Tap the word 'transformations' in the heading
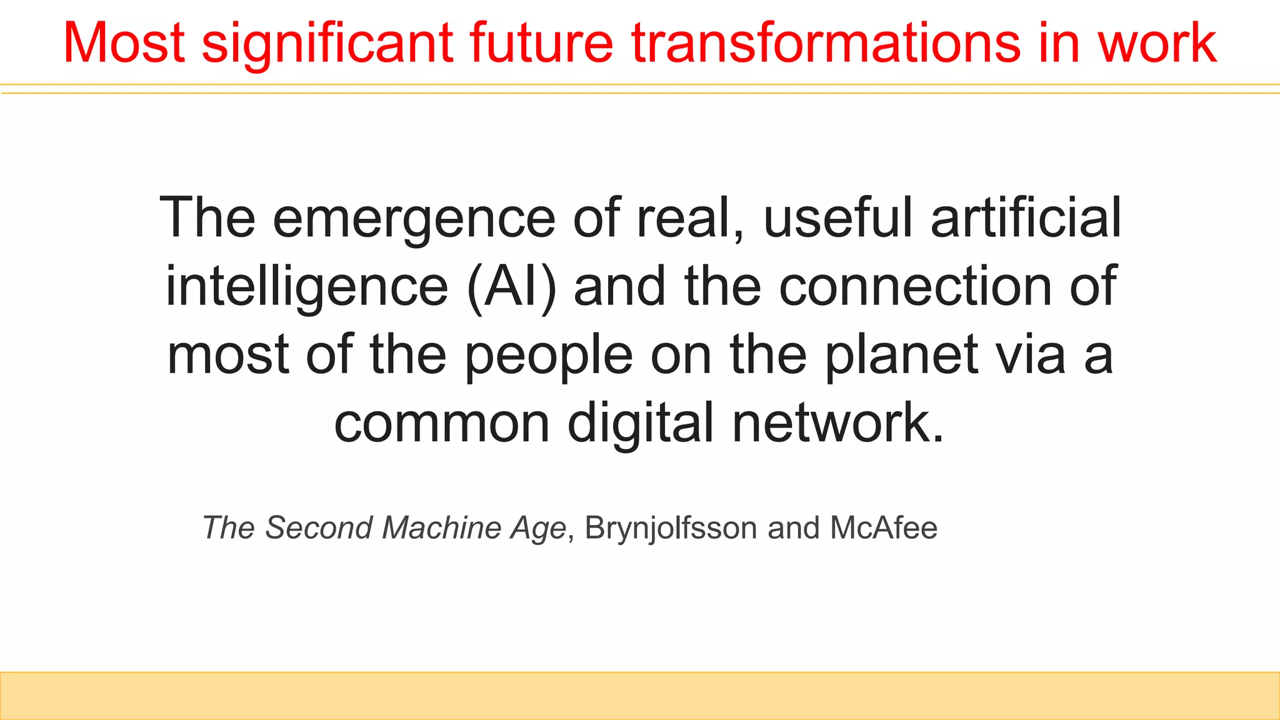[825, 44]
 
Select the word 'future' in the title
[541, 44]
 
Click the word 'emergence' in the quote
[414, 219]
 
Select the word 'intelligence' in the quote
[306, 287]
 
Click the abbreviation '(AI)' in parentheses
[511, 287]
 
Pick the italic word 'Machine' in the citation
[441, 527]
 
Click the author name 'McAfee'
[883, 527]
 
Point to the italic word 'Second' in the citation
[319, 527]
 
